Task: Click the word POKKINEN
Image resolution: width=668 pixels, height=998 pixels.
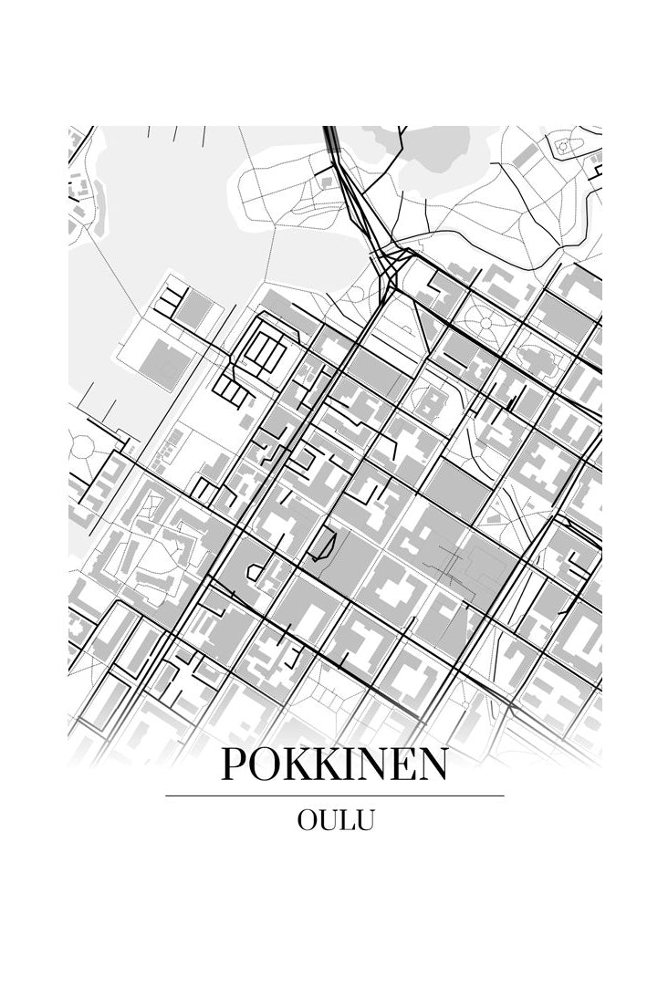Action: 334,765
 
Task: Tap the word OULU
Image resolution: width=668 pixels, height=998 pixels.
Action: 335,820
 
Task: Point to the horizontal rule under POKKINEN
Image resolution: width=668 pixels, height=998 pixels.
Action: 334,795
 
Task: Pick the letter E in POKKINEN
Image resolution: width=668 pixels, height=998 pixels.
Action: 403,765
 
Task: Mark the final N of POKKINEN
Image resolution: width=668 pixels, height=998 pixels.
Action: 434,765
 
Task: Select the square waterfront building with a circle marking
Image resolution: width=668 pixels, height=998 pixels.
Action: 165,362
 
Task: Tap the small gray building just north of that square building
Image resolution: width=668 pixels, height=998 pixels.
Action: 193,311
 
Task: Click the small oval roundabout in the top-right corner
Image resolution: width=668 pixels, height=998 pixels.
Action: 563,145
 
